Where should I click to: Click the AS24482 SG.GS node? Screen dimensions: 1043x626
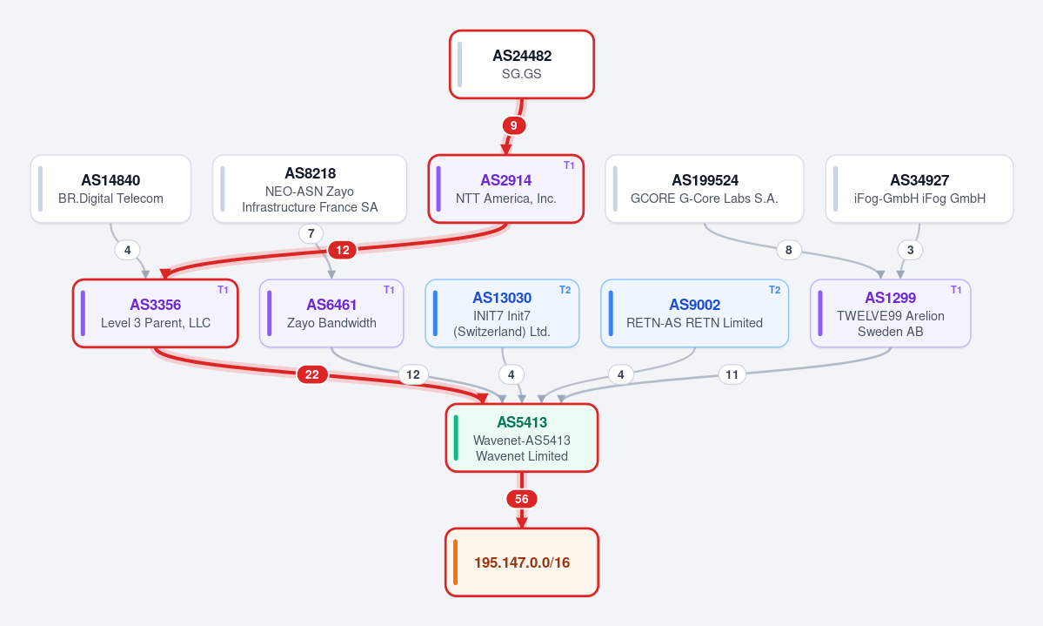[x=522, y=64]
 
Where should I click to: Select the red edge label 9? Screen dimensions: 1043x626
[x=513, y=125]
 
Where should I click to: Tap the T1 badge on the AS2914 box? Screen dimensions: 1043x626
[x=569, y=165]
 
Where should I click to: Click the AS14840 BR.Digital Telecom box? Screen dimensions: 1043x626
[x=110, y=189]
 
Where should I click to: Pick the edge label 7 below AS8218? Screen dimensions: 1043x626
[x=311, y=233]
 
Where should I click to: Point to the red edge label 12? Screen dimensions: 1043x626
[x=343, y=250]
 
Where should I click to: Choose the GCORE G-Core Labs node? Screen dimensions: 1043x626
[x=705, y=189]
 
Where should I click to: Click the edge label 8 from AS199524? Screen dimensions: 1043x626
[x=789, y=250]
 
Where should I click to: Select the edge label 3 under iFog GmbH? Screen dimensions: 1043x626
[x=911, y=250]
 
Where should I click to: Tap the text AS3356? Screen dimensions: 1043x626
[x=156, y=305]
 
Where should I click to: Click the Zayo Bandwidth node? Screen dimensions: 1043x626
[x=331, y=313]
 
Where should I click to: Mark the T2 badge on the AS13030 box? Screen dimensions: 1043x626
[x=565, y=290]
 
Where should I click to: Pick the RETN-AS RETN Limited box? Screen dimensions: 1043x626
[x=694, y=313]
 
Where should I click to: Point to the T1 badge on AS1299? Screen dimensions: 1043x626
[x=956, y=290]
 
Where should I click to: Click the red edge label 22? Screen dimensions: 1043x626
[x=312, y=374]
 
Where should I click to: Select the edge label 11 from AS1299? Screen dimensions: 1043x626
[x=732, y=374]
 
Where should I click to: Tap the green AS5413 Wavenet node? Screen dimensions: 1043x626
[x=522, y=438]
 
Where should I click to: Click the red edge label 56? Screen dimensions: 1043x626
[x=522, y=499]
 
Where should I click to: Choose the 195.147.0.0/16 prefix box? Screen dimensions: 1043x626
[x=522, y=562]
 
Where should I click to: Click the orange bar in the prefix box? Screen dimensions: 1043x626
[x=456, y=562]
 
